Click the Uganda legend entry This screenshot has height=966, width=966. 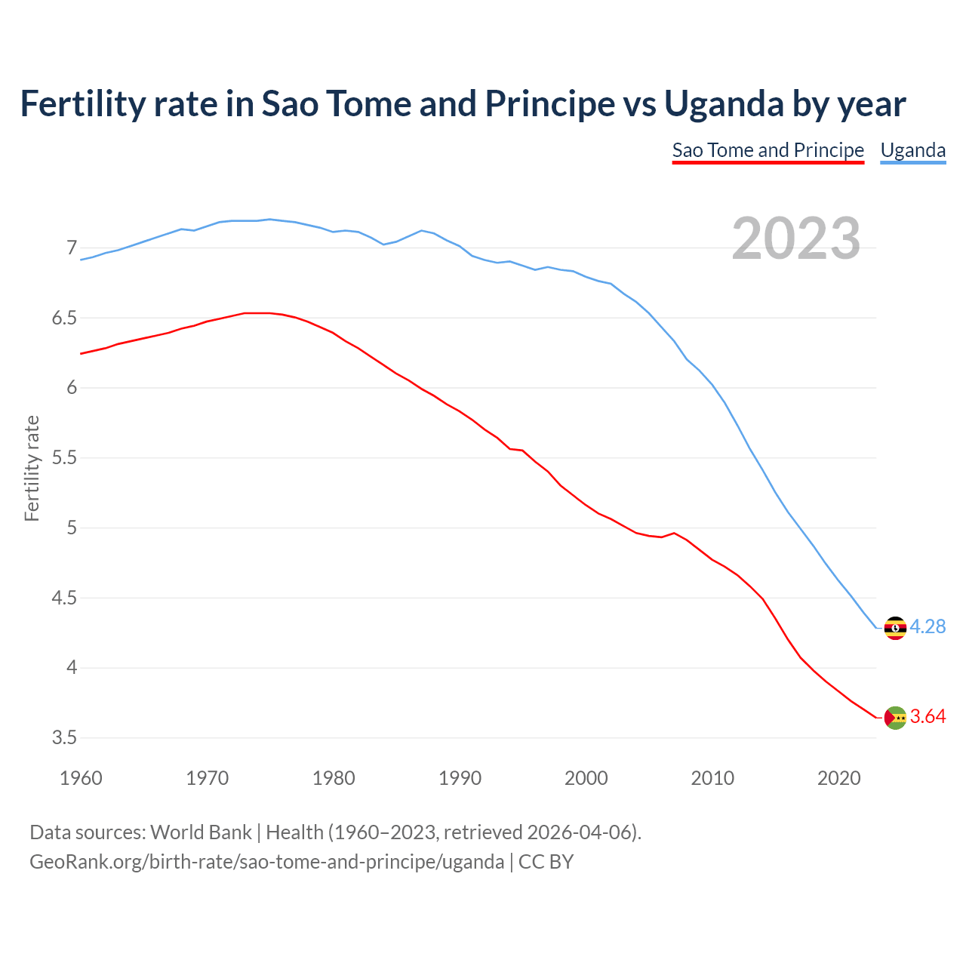pos(913,150)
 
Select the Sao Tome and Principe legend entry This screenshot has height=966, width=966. pos(768,150)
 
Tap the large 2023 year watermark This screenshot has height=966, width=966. pos(796,238)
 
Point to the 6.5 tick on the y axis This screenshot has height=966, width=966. pos(64,318)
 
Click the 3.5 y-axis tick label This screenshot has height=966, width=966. pos(64,738)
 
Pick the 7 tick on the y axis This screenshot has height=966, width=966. pos(72,248)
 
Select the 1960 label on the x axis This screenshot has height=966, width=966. pos(81,778)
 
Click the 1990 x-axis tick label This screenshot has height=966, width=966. pos(460,778)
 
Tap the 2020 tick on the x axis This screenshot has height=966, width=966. pos(838,778)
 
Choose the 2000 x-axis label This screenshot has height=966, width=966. pos(586,778)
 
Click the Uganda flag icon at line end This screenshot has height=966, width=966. pos(895,628)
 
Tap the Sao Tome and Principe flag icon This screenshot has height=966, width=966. pos(895,718)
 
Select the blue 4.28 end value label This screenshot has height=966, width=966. pos(928,627)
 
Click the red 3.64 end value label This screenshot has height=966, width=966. pos(928,717)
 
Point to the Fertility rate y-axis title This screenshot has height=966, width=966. pos(32,468)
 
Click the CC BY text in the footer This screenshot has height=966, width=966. pos(546,862)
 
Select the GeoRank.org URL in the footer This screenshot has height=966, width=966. pos(266,862)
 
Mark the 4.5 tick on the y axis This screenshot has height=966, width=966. pos(64,598)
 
